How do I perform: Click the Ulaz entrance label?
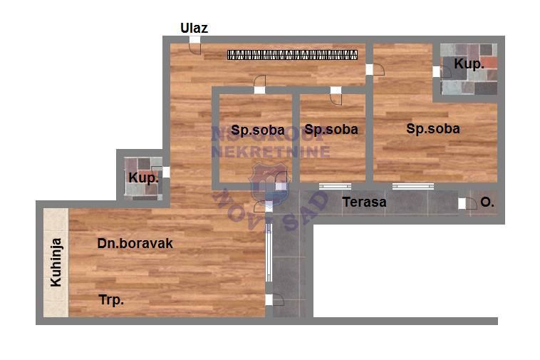pos(194,29)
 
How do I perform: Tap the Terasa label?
pos(364,202)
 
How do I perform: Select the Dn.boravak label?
pos(135,244)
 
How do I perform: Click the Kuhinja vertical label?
pos(56,262)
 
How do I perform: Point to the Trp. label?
pos(111,300)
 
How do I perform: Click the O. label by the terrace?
pos(487,202)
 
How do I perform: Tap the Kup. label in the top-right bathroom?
pos(469,64)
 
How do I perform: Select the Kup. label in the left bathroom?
pos(142,178)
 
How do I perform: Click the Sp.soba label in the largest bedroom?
pos(432,129)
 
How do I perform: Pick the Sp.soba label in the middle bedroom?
pos(331,130)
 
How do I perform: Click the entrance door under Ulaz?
pos(194,44)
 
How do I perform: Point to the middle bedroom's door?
pos(336,93)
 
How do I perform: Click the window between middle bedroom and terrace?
pos(335,187)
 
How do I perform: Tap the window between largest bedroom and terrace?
pos(412,187)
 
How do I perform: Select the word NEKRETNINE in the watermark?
pos(271,152)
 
